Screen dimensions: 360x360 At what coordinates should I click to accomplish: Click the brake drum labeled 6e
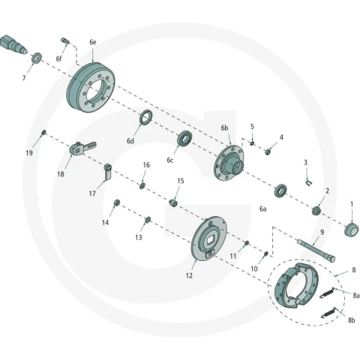91,88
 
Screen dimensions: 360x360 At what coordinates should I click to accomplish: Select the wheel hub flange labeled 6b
229,163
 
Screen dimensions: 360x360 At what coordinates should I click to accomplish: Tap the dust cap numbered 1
351,229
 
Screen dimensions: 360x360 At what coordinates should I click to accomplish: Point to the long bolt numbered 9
316,250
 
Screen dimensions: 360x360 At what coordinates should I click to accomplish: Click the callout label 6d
130,141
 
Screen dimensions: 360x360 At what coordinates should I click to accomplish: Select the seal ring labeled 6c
185,138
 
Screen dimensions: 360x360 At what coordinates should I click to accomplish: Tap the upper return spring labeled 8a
327,293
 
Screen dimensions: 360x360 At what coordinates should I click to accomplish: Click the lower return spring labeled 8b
328,313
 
